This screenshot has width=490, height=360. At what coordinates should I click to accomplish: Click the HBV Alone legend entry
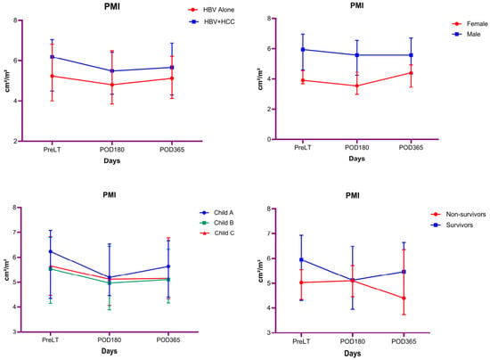211,10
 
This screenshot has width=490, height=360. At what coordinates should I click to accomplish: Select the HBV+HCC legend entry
212,22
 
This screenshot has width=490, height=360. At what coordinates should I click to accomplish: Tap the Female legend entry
470,24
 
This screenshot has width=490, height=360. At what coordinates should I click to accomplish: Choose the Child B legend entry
216,223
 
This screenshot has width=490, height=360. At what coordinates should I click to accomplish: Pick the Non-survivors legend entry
459,215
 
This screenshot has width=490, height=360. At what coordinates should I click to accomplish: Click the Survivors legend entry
452,225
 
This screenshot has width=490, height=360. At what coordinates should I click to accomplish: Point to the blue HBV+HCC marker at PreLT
53,57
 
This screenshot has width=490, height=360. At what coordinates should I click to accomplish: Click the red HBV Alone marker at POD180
112,85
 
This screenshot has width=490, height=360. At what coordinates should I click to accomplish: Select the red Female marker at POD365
411,73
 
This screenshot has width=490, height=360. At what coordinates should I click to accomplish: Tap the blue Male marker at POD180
356,55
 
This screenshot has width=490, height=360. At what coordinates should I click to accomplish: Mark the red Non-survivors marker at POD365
404,299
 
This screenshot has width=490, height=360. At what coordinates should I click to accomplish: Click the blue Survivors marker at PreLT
301,259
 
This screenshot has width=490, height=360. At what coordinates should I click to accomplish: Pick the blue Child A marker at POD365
168,266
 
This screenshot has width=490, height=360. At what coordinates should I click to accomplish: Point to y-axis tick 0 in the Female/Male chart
269,139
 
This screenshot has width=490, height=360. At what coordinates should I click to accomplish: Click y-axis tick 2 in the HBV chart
16,142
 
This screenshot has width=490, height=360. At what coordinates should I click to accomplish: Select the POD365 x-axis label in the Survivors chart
404,341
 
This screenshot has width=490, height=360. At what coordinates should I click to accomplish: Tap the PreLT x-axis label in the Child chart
50,340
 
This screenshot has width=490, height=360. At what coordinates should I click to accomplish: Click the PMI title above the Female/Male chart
357,5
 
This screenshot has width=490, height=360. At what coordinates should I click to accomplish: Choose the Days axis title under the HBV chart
112,160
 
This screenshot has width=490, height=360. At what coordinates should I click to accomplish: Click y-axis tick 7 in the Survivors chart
269,233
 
